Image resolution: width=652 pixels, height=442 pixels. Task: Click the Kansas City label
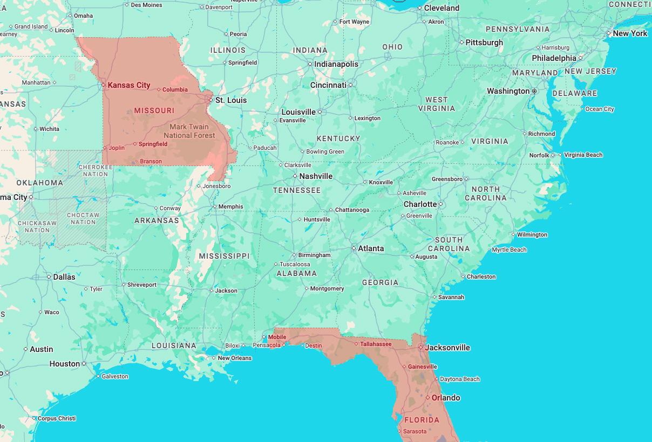pos(128,85)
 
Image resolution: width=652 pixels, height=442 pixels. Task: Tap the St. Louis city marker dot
pos(211,100)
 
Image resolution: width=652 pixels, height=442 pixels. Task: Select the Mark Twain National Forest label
pos(189,131)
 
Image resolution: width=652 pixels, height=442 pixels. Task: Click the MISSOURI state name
pos(154,110)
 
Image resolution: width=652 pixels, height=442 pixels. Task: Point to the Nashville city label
pos(316,176)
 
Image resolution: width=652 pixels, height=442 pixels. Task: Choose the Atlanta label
pos(371,248)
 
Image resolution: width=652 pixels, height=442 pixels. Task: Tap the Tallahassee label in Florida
pos(376,344)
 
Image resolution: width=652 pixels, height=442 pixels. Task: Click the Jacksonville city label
pos(447,348)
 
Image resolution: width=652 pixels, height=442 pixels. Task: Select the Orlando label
pos(446,398)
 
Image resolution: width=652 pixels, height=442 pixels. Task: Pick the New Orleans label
pos(234,358)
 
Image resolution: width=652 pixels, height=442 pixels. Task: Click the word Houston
pos(65,364)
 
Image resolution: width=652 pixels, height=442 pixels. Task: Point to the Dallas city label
pos(64,277)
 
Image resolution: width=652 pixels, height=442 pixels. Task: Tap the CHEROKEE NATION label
pos(96,170)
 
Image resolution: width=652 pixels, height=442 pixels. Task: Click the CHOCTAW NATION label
pos(83,218)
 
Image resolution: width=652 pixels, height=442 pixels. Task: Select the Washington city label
pos(508,91)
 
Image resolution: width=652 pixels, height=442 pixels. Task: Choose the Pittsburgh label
pos(484,43)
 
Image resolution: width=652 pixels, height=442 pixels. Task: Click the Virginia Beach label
pos(583,155)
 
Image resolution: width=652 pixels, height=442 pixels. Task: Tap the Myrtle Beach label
pos(509,250)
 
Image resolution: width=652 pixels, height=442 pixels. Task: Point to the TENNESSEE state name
pos(297,190)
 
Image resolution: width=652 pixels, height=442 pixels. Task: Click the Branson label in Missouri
pos(151,161)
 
